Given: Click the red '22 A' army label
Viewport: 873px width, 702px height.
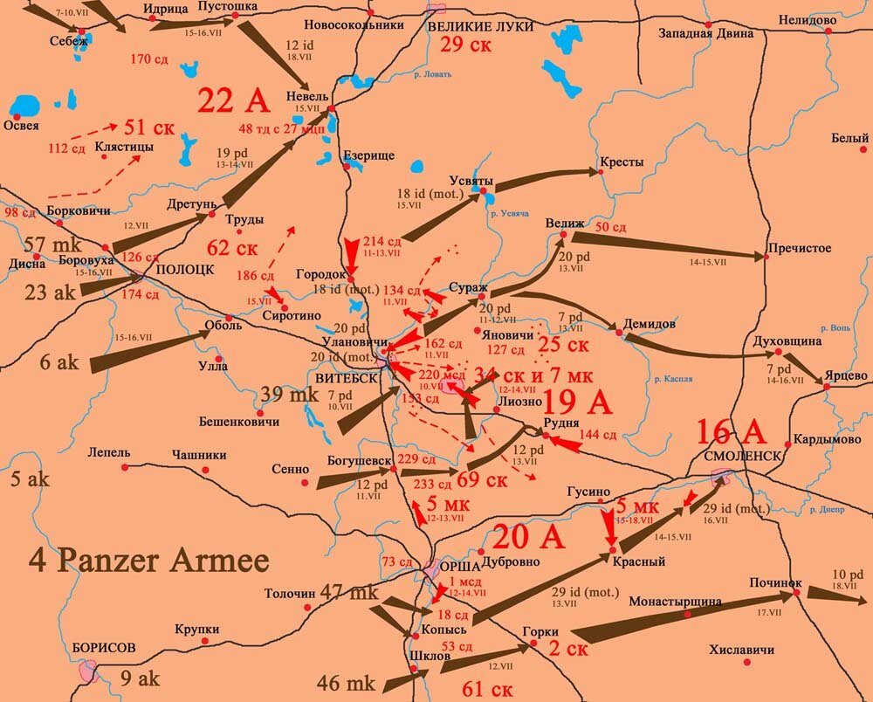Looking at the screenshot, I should click(x=233, y=100).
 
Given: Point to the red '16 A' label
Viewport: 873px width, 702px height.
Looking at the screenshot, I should click(x=731, y=431).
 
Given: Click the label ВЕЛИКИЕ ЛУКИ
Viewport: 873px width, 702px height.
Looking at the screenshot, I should click(x=476, y=25).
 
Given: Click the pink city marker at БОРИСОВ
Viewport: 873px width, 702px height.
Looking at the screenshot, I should click(x=87, y=671).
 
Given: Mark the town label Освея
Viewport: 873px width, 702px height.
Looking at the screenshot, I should click(x=21, y=125).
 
